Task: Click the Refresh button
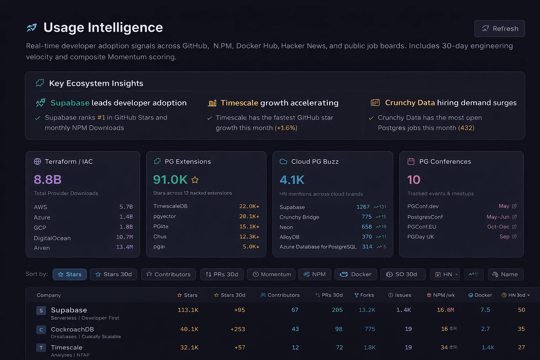click(500, 28)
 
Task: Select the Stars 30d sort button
click(114, 274)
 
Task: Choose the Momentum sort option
click(272, 274)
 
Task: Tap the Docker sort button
click(356, 274)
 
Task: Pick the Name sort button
click(505, 274)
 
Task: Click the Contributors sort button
click(168, 274)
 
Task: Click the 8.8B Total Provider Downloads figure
click(47, 180)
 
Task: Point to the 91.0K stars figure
click(171, 180)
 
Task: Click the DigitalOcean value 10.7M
click(124, 237)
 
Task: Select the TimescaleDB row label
click(171, 206)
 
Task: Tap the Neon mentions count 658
click(367, 227)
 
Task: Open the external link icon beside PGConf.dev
click(514, 206)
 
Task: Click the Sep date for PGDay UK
click(504, 237)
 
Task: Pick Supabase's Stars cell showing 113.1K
click(188, 310)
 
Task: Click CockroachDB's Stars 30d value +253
click(238, 329)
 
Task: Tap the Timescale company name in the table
click(66, 347)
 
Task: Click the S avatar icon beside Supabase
click(41, 310)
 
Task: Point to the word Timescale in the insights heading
click(239, 103)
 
